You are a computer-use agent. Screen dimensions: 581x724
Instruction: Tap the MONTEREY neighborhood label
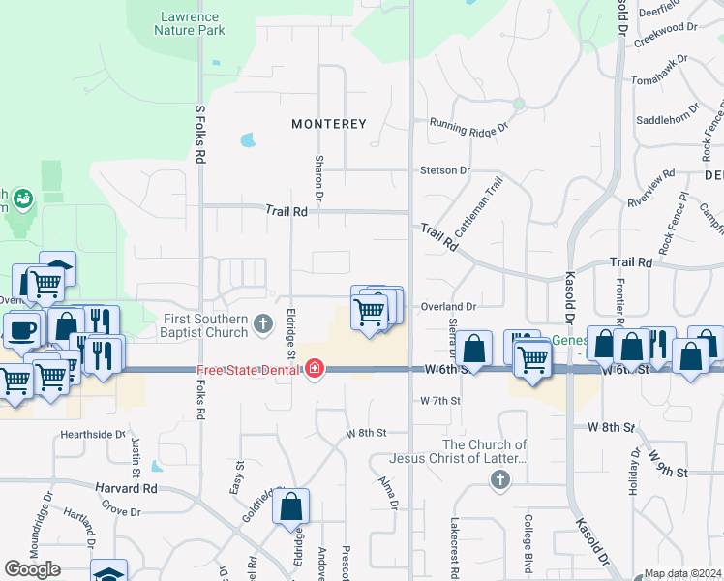pos(330,124)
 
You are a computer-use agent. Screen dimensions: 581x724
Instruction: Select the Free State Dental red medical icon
pos(314,370)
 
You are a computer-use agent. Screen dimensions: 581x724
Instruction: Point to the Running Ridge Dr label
pos(469,125)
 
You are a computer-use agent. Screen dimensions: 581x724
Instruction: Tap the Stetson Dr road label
pos(444,170)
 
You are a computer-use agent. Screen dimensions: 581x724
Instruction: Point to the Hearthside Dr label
pos(94,435)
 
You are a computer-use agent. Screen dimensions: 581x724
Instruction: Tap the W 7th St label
pos(440,400)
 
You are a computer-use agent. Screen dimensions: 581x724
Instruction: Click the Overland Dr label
pos(449,306)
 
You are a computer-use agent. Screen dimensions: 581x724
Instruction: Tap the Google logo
pos(32,569)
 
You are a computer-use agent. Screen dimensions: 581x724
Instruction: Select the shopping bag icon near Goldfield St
pos(291,505)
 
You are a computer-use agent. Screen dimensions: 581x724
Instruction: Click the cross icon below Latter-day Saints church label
pos(499,479)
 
